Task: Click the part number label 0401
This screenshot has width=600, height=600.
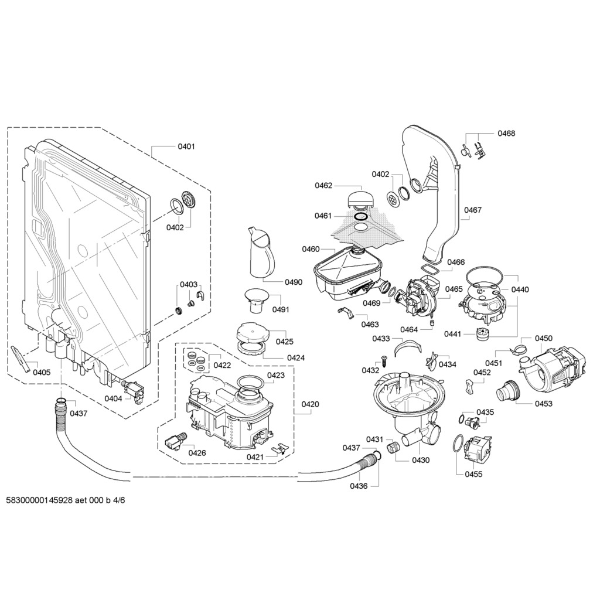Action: pyautogui.click(x=186, y=146)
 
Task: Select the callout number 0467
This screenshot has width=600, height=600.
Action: pyautogui.click(x=473, y=210)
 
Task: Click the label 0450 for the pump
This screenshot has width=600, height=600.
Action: pyautogui.click(x=544, y=338)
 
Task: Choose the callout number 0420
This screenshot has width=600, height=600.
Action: pyautogui.click(x=310, y=404)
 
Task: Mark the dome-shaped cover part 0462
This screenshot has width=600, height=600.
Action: pyautogui.click(x=361, y=199)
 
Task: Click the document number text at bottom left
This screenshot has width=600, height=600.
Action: pyautogui.click(x=66, y=500)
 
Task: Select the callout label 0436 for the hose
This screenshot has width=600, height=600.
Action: pyautogui.click(x=359, y=486)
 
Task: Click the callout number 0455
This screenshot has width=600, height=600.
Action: pyautogui.click(x=473, y=474)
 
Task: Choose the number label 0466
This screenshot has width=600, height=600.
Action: pyautogui.click(x=456, y=262)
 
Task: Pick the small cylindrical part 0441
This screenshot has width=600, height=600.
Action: pyautogui.click(x=483, y=333)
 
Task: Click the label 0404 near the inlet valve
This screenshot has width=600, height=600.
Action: pyautogui.click(x=113, y=398)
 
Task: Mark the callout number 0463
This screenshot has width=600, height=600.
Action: pyautogui.click(x=370, y=325)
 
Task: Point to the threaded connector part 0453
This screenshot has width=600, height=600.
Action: pyautogui.click(x=507, y=390)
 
